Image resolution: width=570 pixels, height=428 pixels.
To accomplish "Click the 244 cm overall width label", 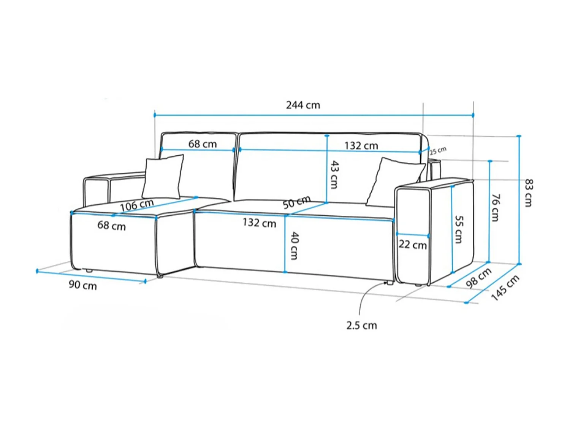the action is [303, 105].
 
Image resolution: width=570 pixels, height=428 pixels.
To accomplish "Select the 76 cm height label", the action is [495, 207].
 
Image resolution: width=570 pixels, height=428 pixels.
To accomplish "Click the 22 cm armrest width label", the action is [412, 245].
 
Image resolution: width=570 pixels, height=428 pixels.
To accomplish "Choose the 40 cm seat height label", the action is [294, 245].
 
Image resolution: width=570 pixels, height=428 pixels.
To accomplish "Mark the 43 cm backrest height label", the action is [334, 174].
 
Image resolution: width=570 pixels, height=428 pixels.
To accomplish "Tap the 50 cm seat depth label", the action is [297, 202].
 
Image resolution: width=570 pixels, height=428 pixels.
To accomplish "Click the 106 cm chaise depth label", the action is [137, 205].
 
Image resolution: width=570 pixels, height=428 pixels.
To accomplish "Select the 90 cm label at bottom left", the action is [82, 285].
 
